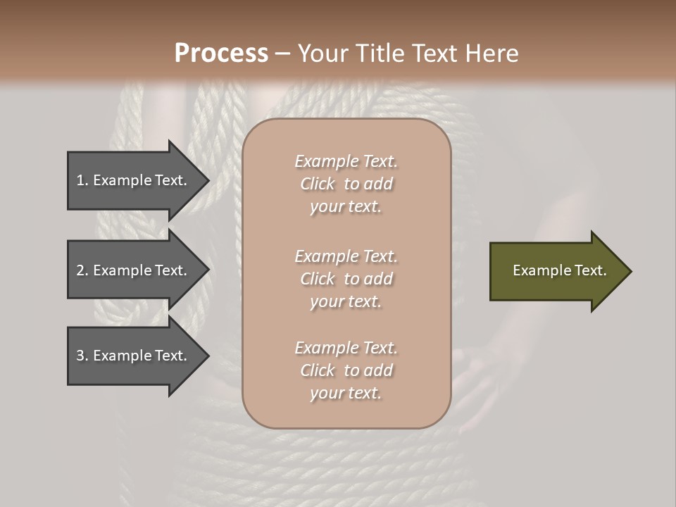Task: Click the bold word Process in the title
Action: pyautogui.click(x=221, y=54)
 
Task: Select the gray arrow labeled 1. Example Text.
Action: pyautogui.click(x=134, y=180)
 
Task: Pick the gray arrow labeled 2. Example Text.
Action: pyautogui.click(x=134, y=270)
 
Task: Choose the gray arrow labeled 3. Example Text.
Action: pyautogui.click(x=134, y=356)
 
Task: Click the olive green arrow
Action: pyautogui.click(x=556, y=271)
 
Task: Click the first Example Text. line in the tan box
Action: pyautogui.click(x=346, y=161)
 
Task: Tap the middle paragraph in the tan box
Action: pyautogui.click(x=346, y=279)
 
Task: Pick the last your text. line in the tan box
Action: pyautogui.click(x=346, y=394)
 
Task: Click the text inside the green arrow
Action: pyautogui.click(x=559, y=270)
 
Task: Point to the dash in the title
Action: pyautogui.click(x=283, y=54)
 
